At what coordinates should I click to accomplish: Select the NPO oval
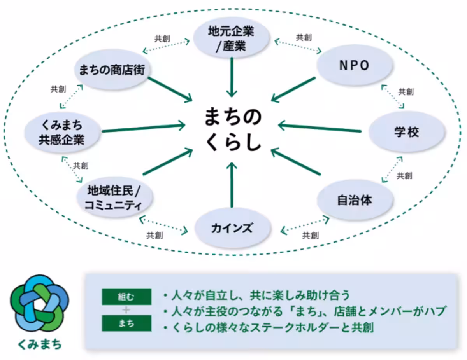click(x=354, y=66)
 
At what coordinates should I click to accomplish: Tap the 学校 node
click(x=406, y=132)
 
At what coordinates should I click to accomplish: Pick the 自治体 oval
click(x=354, y=201)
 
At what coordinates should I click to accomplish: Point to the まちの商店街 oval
click(x=112, y=70)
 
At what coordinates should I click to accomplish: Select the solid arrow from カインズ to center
click(x=232, y=185)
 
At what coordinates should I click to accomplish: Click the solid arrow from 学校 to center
click(x=319, y=128)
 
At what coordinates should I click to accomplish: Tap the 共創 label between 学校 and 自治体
click(x=404, y=176)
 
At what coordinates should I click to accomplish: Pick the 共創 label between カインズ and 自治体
click(x=311, y=235)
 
